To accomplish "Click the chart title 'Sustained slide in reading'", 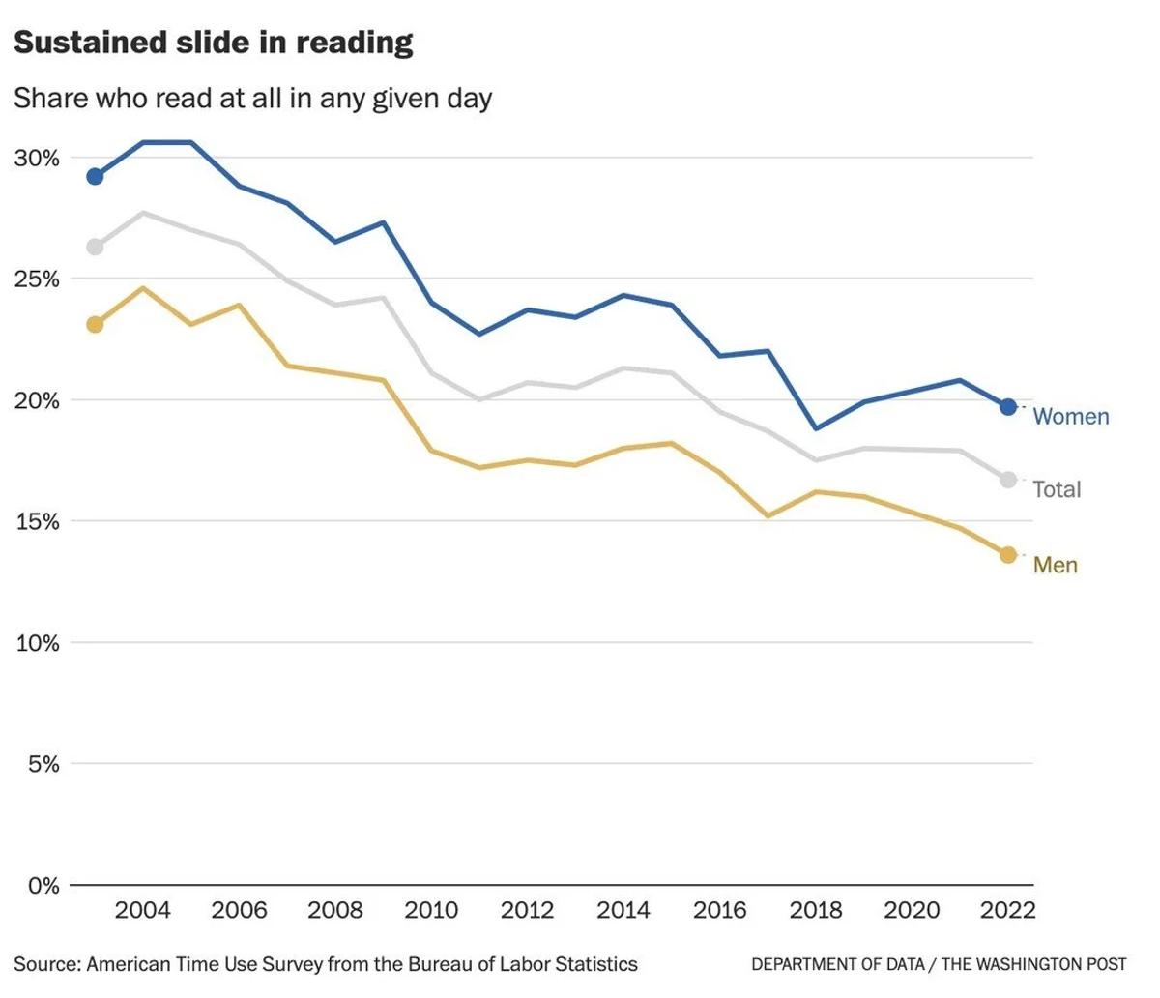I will tap(214, 43).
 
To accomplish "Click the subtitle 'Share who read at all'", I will tap(252, 98).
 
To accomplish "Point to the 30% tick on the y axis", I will tap(37, 158).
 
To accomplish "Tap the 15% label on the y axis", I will tap(37, 521).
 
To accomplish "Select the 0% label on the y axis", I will tap(43, 885).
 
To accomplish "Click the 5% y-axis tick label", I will tap(43, 764).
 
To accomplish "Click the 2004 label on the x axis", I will tap(143, 910).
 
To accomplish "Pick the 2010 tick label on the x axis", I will tap(431, 910).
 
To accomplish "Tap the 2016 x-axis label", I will tap(720, 910).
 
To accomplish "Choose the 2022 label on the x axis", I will tap(1008, 910).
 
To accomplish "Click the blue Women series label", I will tap(1071, 417).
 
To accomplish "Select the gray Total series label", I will tap(1057, 489).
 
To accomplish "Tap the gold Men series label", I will tap(1055, 565).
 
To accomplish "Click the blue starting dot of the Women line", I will tap(95, 176).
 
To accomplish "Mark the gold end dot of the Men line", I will tap(1008, 554).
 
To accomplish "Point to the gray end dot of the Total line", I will tap(1008, 480).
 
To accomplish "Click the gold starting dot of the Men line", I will tap(95, 324).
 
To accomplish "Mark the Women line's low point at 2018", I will tap(816, 428).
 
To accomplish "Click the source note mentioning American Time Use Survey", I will tap(326, 964).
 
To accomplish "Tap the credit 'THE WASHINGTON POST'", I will tap(1033, 964).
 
